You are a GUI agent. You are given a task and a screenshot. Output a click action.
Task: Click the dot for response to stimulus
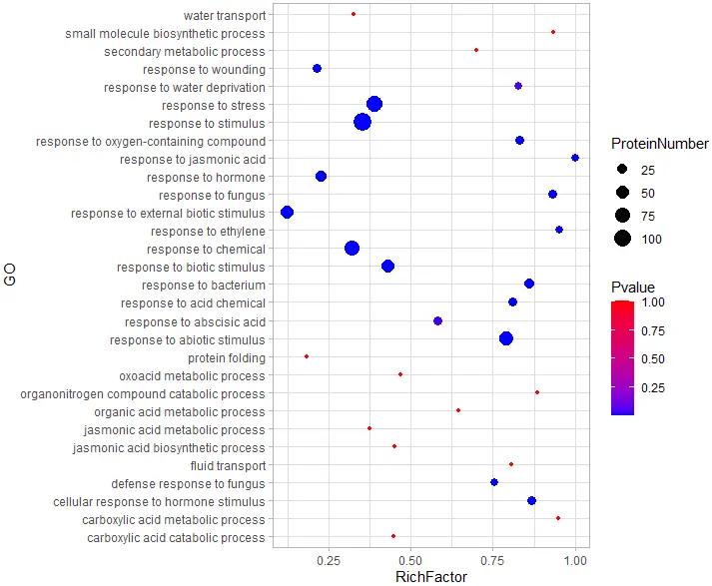click(x=362, y=122)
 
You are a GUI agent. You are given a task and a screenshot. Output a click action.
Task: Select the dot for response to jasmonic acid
click(x=575, y=158)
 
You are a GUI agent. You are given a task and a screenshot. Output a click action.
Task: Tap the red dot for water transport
click(x=354, y=14)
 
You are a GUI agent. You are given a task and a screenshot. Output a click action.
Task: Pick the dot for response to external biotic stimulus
click(x=288, y=212)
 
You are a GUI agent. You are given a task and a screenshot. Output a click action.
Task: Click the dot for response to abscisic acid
click(x=437, y=320)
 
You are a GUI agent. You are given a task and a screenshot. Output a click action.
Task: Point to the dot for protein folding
click(x=307, y=356)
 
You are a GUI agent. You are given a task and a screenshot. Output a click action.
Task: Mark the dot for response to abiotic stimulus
click(x=506, y=339)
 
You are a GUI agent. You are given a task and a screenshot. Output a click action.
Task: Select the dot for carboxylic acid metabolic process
click(x=558, y=518)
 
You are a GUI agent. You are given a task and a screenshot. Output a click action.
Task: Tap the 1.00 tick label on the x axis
click(x=574, y=561)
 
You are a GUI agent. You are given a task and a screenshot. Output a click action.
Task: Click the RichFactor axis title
click(x=429, y=577)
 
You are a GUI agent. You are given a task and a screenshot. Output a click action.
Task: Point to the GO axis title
click(x=11, y=277)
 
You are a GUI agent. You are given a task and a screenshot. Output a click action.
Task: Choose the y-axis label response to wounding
click(x=204, y=70)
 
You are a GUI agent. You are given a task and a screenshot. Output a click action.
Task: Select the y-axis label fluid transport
click(x=228, y=465)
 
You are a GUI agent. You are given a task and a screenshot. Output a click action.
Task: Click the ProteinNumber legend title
click(x=659, y=145)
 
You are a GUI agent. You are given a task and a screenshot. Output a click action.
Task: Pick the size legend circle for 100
click(x=622, y=238)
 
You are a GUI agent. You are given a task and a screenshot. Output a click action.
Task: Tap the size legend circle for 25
click(x=622, y=169)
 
